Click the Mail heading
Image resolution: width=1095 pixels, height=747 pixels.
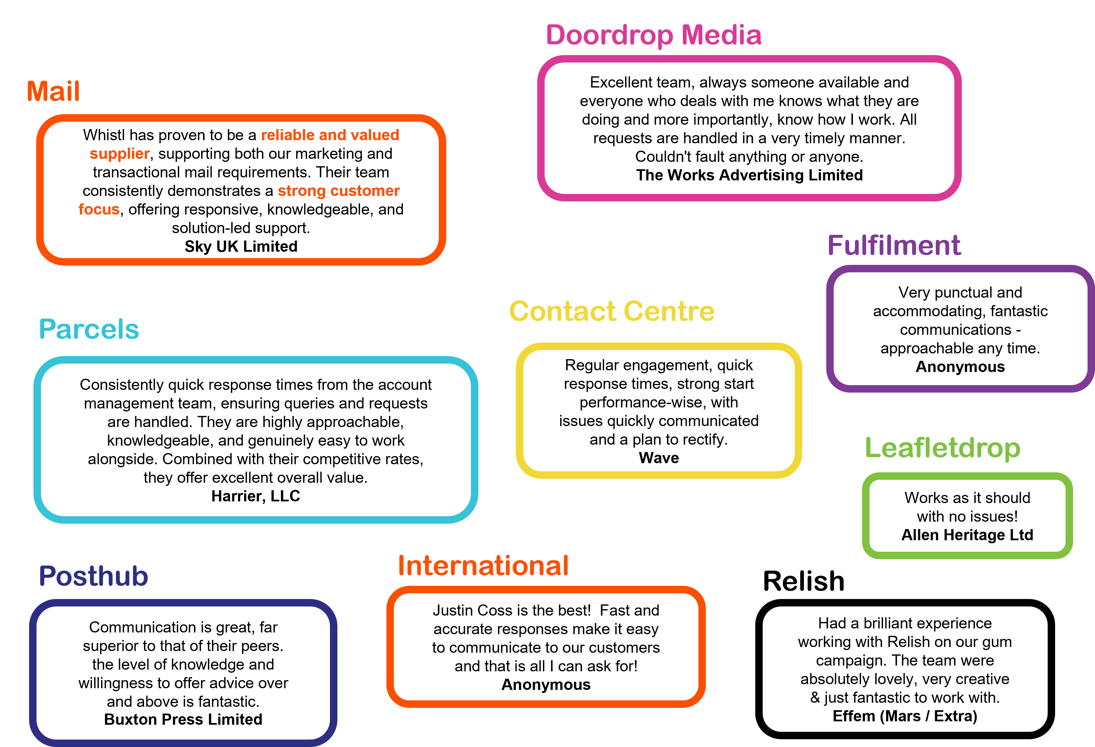tap(53, 91)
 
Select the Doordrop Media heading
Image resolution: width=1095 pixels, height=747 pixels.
tap(653, 35)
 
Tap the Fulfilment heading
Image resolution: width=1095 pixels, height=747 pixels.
tap(894, 245)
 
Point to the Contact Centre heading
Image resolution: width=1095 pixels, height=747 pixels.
tap(612, 311)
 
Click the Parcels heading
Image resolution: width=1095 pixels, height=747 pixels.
tap(89, 329)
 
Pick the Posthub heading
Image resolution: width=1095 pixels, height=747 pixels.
tap(93, 576)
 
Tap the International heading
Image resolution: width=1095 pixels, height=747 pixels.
tap(483, 565)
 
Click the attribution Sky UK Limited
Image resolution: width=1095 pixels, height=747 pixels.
tap(241, 246)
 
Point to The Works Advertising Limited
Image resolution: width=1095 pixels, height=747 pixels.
tap(749, 175)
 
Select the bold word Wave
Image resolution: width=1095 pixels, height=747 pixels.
tap(659, 458)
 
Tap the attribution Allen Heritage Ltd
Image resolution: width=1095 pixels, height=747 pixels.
tap(967, 535)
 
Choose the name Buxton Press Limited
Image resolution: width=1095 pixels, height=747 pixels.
tap(183, 719)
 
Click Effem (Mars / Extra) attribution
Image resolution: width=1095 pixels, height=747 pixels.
tap(905, 716)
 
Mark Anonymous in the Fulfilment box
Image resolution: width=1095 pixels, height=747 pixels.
tap(960, 367)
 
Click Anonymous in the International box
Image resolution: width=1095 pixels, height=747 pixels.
tap(546, 685)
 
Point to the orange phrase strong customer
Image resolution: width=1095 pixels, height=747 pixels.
tap(338, 191)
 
